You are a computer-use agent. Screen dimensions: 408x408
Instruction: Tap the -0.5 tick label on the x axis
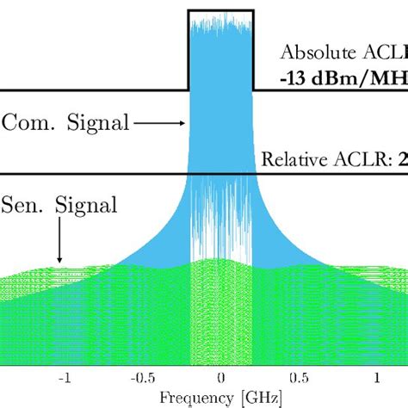click(138, 378)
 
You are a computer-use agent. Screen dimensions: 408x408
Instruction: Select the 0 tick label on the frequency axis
click(221, 378)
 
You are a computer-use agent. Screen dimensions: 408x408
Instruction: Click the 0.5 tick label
click(299, 378)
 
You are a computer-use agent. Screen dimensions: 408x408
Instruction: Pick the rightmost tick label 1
click(377, 378)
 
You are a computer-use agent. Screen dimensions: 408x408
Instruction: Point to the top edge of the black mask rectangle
click(220, 10)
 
